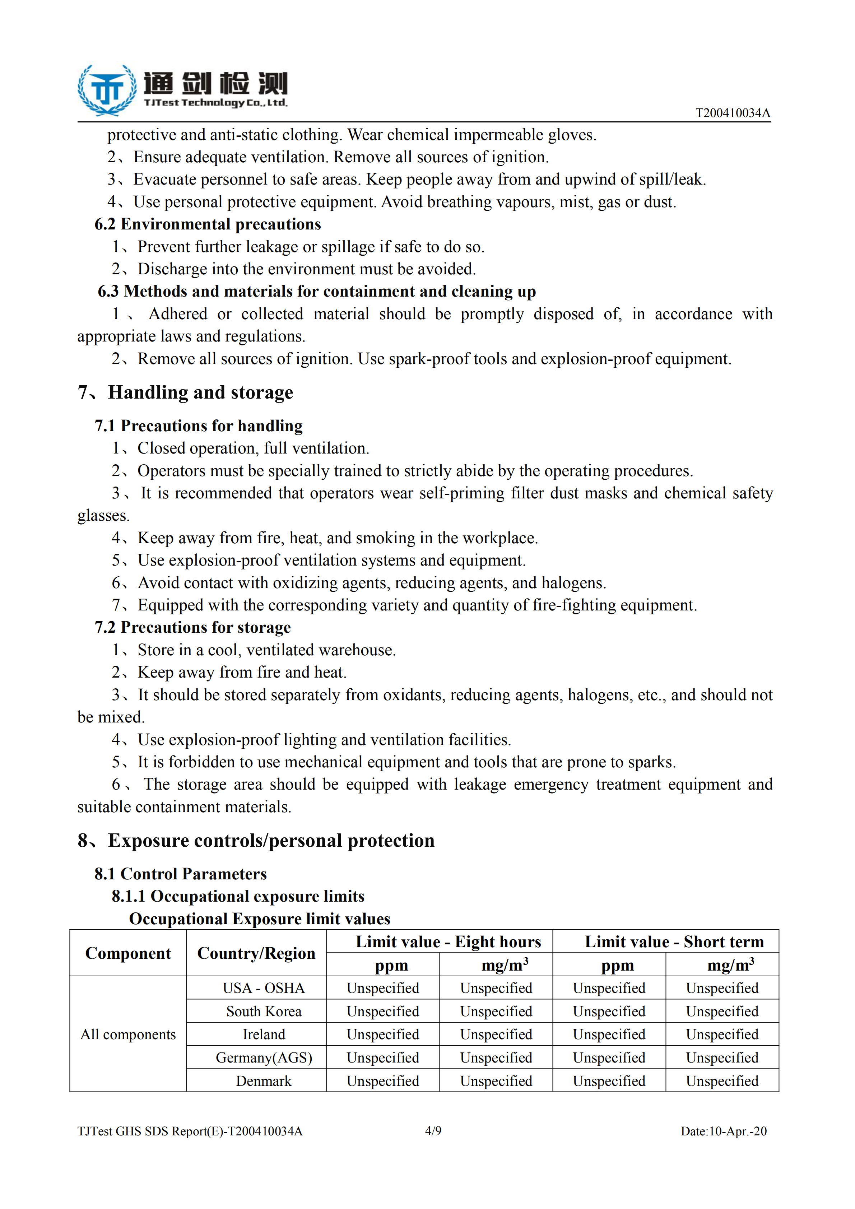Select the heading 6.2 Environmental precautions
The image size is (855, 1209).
(x=208, y=224)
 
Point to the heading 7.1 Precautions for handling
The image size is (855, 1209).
(x=199, y=426)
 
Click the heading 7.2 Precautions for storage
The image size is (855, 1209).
(x=193, y=628)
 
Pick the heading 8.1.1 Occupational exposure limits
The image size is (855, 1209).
(x=238, y=896)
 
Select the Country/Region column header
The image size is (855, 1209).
(x=256, y=954)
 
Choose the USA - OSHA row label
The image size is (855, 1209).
(x=264, y=989)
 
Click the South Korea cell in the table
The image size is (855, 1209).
(x=264, y=1012)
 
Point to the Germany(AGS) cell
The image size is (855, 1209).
(x=264, y=1058)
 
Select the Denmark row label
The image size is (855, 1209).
(x=264, y=1081)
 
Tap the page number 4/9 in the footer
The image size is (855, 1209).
(x=433, y=1131)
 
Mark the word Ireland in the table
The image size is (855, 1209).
(x=264, y=1035)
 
